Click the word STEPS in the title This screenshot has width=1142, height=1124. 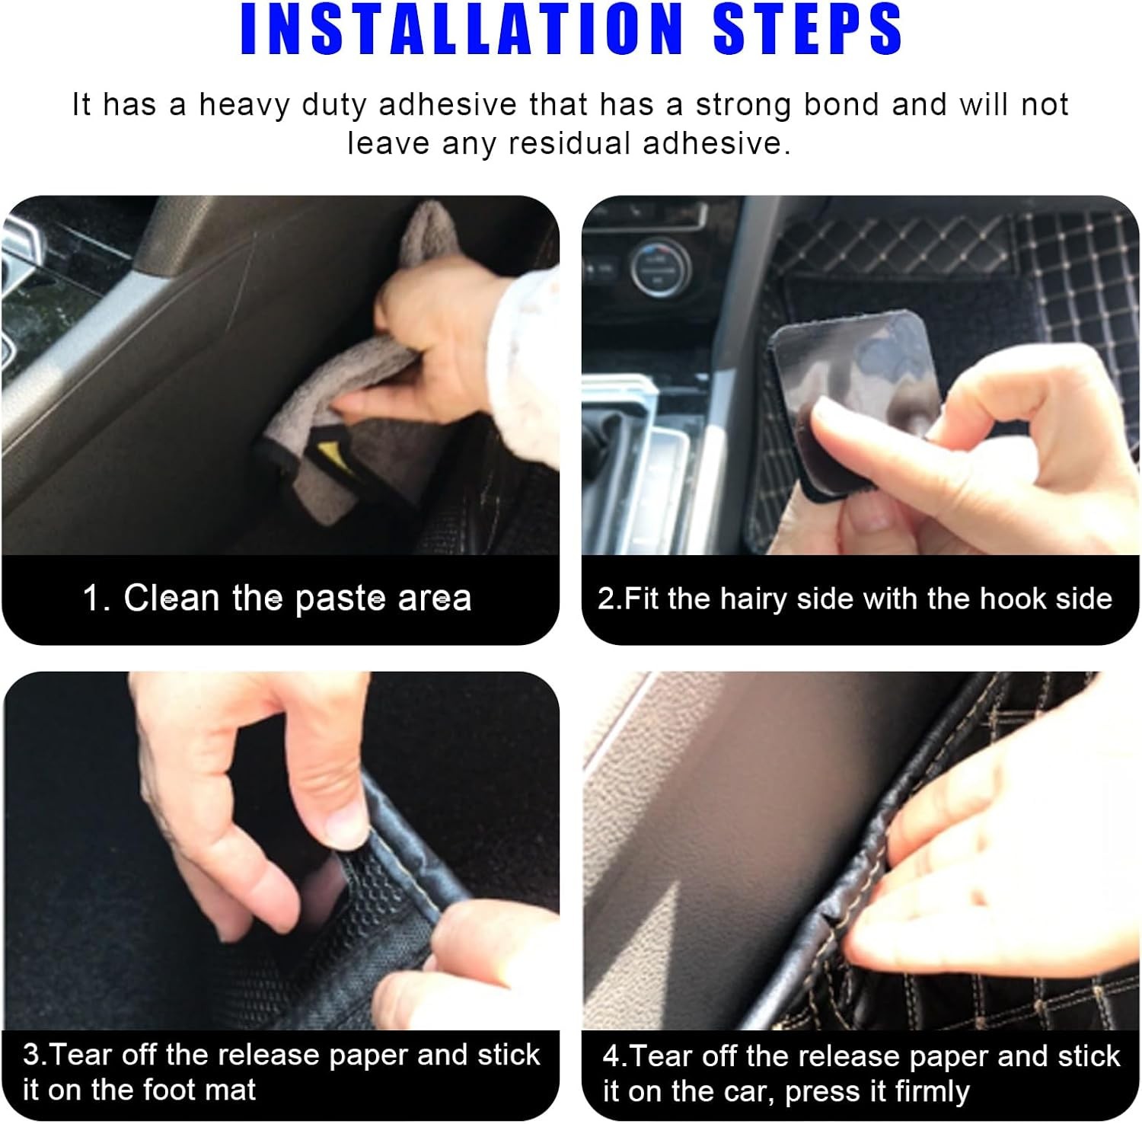pyautogui.click(x=808, y=29)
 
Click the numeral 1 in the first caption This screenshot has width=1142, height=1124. pyautogui.click(x=93, y=598)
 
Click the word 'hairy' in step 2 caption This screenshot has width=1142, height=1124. pyautogui.click(x=753, y=599)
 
